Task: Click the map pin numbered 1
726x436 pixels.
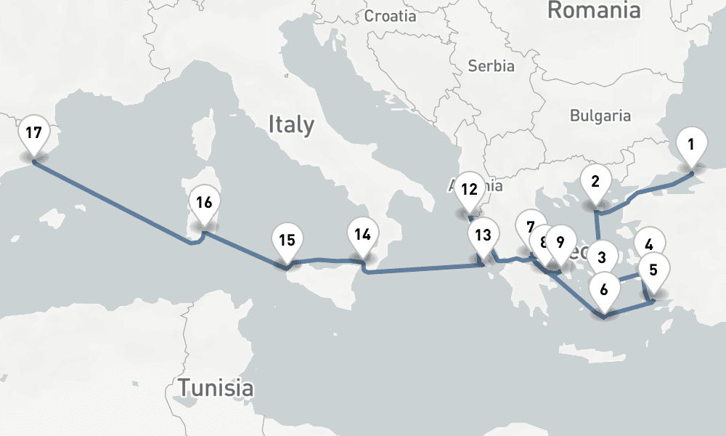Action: pyautogui.click(x=690, y=144)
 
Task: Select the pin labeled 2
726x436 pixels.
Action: pyautogui.click(x=595, y=182)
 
